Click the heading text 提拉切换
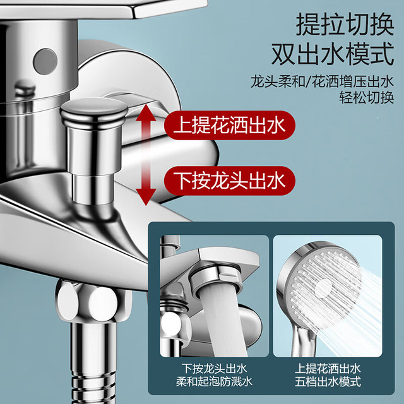click(345, 25)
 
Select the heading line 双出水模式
click(333, 54)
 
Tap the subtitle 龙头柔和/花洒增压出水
click(322, 81)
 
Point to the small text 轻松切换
click(367, 98)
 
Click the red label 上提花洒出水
click(229, 125)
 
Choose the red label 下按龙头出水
click(229, 181)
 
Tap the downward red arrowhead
click(146, 198)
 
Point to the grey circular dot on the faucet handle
click(45, 61)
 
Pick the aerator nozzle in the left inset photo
click(216, 280)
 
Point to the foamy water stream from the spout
click(223, 322)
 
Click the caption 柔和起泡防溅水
click(214, 381)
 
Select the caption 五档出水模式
click(328, 381)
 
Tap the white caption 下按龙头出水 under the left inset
click(214, 369)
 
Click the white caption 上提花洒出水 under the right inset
click(328, 369)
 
